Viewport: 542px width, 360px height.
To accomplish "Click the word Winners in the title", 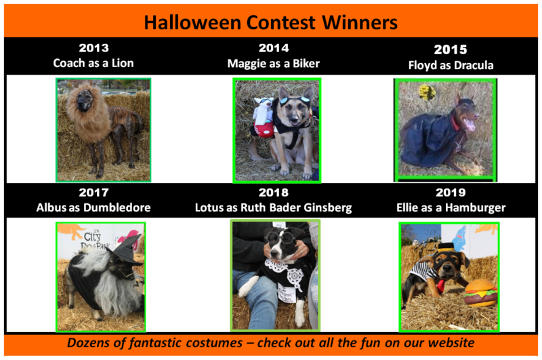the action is [x=360, y=23].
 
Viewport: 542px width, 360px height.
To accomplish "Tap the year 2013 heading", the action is [x=93, y=48].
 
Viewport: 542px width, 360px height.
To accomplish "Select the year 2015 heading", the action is [x=451, y=49].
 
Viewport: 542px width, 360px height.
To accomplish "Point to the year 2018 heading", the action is [x=274, y=193].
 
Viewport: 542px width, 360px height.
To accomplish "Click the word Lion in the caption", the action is [x=123, y=63].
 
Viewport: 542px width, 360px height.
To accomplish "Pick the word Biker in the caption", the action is [x=306, y=64].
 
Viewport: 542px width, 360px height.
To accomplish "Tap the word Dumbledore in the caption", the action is [x=117, y=207].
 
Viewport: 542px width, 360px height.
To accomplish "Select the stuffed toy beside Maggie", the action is [x=264, y=118].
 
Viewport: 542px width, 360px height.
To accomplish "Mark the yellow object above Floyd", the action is [x=428, y=92].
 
